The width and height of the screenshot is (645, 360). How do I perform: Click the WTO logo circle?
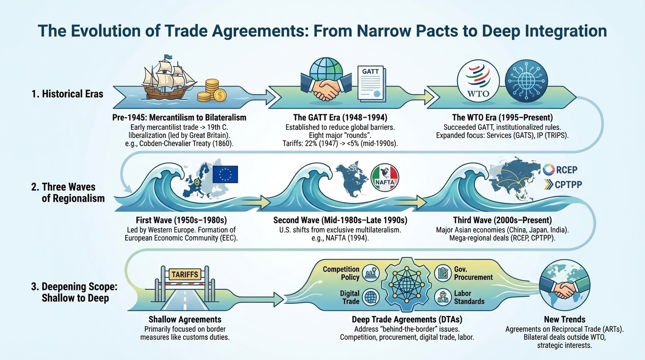pyautogui.click(x=478, y=81)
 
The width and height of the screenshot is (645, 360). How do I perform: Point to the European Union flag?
pyautogui.click(x=225, y=174)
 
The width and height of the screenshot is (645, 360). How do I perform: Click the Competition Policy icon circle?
pyautogui.click(x=371, y=273)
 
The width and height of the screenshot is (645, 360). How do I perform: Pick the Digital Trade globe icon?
pyautogui.click(x=371, y=297)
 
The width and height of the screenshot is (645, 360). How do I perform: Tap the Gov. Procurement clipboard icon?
pyautogui.click(x=443, y=273)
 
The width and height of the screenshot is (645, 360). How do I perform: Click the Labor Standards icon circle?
pyautogui.click(x=443, y=297)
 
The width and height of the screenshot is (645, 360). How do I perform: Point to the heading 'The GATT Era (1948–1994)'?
pyautogui.click(x=340, y=118)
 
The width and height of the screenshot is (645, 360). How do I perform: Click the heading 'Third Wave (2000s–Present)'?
pyautogui.click(x=502, y=220)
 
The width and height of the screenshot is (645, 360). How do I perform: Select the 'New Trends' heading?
pyautogui.click(x=564, y=319)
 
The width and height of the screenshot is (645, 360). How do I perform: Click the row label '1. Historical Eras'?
pyautogui.click(x=67, y=94)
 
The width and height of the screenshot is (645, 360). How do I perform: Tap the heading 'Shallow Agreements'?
pyautogui.click(x=185, y=319)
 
